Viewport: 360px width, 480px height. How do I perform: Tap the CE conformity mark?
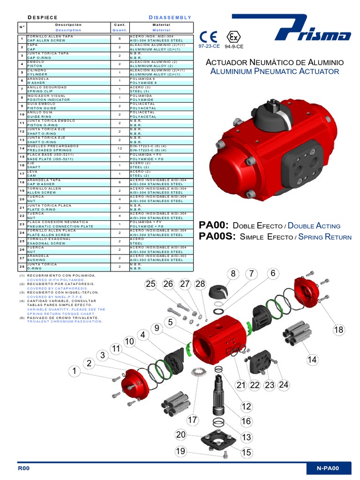(x=208, y=37)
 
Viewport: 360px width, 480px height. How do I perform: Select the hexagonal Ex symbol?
(x=232, y=37)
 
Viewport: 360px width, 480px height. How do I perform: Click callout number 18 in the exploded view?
(x=338, y=330)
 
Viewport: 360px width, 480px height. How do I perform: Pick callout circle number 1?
(x=74, y=371)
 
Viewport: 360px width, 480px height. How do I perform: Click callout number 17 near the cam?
(x=193, y=420)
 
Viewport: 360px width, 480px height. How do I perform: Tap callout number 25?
(x=150, y=284)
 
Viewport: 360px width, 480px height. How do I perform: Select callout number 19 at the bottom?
(x=181, y=451)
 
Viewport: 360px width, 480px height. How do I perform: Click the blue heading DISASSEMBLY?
(x=170, y=17)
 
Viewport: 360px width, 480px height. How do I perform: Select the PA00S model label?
(x=217, y=237)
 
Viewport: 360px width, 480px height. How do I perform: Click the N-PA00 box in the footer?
(x=328, y=468)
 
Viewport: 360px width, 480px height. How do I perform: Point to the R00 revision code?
(x=23, y=468)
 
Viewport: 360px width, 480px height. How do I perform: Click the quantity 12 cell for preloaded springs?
(x=120, y=148)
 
